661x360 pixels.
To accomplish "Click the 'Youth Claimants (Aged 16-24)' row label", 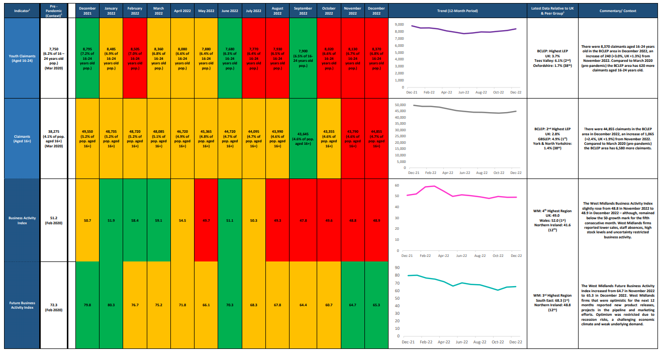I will tap(21, 58).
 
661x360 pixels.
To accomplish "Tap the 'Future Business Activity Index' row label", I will tap(21, 305).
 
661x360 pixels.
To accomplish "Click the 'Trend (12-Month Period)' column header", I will tap(457, 10).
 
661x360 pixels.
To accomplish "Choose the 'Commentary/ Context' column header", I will tap(618, 10).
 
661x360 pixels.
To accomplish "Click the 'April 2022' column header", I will tap(182, 10).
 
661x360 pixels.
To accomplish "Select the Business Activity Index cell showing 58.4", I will tap(135, 220).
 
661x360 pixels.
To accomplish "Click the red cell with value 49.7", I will tap(206, 220).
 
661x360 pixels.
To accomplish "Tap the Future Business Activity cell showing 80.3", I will tap(111, 305).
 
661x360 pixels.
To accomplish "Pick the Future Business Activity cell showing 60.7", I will tap(329, 305).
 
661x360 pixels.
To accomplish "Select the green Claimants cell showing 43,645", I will tap(303, 138).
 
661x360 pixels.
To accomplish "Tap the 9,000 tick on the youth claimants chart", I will tap(400, 24).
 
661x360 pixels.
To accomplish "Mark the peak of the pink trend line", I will tap(434, 186).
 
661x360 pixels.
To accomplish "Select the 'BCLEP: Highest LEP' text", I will tap(551, 51).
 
